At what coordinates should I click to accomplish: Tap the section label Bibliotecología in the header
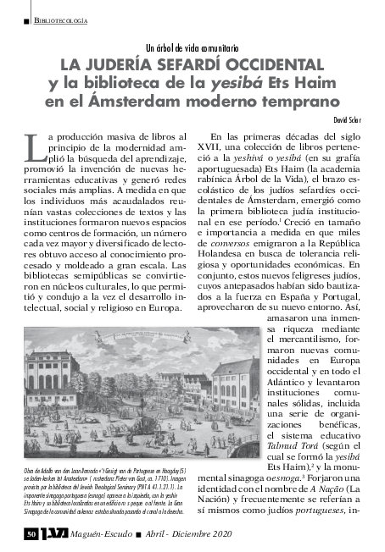62,19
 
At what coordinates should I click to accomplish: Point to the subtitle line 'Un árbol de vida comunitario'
193,48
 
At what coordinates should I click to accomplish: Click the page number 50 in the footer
31,534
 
